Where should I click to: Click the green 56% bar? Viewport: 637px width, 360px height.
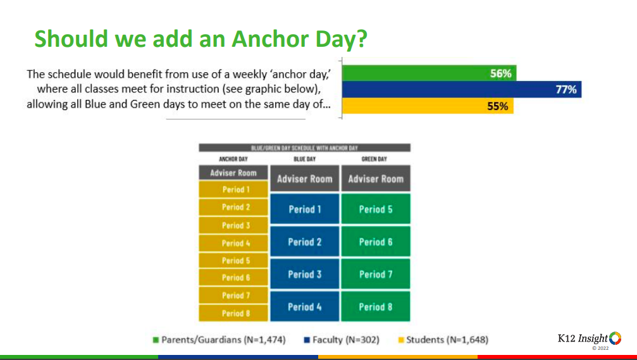coord(429,73)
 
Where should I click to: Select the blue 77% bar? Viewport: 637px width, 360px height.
coord(462,89)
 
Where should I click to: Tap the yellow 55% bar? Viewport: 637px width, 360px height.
coord(428,106)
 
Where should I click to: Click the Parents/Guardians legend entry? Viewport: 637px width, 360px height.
coord(220,340)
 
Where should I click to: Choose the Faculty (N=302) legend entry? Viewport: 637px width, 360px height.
coord(342,340)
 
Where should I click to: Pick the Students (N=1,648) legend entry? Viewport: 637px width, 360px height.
coord(443,340)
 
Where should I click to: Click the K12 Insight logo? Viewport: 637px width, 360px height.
coord(590,340)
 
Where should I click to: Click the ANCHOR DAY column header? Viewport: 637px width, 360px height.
coord(233,159)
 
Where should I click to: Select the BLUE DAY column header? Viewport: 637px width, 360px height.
coord(305,159)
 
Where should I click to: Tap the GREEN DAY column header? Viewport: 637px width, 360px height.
coord(374,159)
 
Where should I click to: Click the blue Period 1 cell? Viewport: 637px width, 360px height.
coord(305,209)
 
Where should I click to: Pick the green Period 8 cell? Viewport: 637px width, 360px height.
coord(376,306)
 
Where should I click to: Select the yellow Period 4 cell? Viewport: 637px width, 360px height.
coord(233,243)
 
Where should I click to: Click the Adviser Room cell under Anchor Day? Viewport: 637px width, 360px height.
coord(233,173)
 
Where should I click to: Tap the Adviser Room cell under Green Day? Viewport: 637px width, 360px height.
coord(376,178)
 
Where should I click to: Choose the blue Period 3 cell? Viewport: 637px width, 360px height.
coord(305,274)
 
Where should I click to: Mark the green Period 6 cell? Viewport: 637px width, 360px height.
coord(376,241)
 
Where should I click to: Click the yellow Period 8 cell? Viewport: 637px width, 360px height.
coord(233,313)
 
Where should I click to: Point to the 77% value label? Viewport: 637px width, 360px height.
coord(566,89)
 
